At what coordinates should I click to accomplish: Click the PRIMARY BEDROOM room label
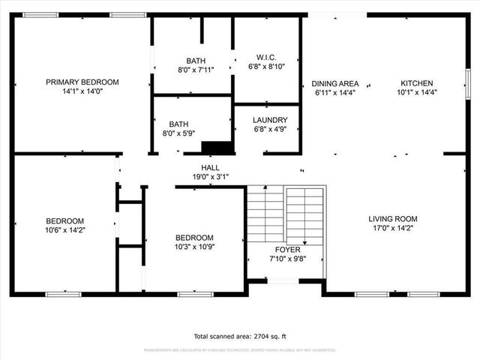pyautogui.click(x=82, y=82)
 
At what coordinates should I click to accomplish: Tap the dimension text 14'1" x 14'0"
pyautogui.click(x=82, y=91)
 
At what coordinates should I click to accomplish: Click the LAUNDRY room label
pyautogui.click(x=269, y=120)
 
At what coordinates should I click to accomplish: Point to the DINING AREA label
pyautogui.click(x=334, y=83)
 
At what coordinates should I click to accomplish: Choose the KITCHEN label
pyautogui.click(x=416, y=83)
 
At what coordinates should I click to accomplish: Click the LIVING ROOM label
pyautogui.click(x=391, y=219)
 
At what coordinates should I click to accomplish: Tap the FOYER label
pyautogui.click(x=287, y=250)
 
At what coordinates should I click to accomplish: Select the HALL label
pyautogui.click(x=210, y=167)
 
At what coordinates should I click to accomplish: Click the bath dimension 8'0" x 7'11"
pyautogui.click(x=191, y=70)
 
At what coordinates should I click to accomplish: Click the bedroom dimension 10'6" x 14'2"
pyautogui.click(x=64, y=230)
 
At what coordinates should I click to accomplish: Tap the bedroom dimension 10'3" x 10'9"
pyautogui.click(x=194, y=247)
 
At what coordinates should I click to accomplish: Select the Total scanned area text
pyautogui.click(x=240, y=337)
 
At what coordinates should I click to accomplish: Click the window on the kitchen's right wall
pyautogui.click(x=466, y=79)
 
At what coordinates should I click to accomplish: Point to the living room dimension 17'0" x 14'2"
pyautogui.click(x=391, y=228)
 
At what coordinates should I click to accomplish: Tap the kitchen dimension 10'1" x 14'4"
pyautogui.click(x=416, y=93)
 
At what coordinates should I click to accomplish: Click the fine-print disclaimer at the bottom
pyautogui.click(x=240, y=350)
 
